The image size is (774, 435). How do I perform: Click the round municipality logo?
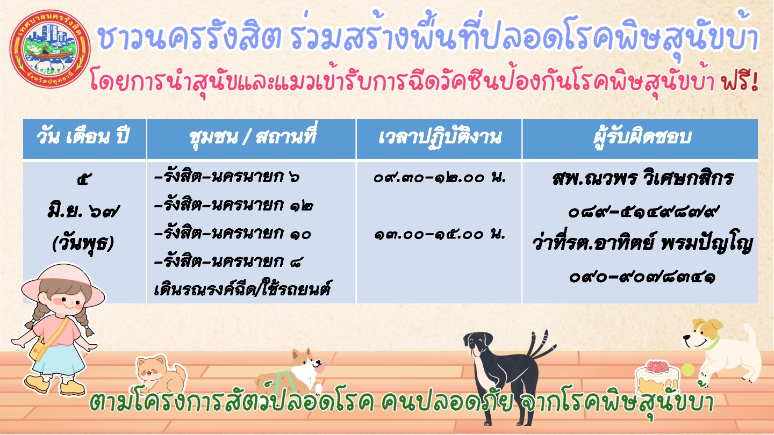coord(51,49)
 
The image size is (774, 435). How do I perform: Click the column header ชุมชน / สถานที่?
coord(253,137)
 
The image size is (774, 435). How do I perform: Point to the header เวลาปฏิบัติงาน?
coord(440,137)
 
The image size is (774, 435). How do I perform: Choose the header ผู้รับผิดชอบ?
coord(642,137)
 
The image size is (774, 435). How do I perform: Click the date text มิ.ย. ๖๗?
coord(83,211)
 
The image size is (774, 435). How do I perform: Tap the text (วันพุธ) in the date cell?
coord(83,243)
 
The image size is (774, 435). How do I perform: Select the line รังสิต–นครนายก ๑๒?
coord(234,205)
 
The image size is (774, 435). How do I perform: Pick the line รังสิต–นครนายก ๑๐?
coord(233,234)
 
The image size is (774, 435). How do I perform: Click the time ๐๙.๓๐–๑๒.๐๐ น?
coord(440,177)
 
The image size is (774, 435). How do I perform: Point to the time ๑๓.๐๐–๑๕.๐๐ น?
coord(440,234)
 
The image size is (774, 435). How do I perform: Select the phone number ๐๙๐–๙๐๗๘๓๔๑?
coord(642,277)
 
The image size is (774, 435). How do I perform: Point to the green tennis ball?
coord(687,370)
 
